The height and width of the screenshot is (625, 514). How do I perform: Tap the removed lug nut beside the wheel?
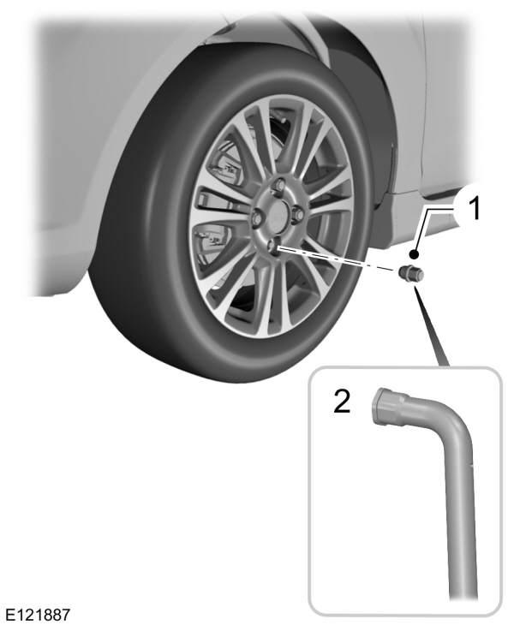[410, 275]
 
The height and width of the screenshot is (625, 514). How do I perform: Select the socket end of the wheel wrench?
[391, 405]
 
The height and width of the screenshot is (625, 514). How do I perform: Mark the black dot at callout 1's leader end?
[414, 254]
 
